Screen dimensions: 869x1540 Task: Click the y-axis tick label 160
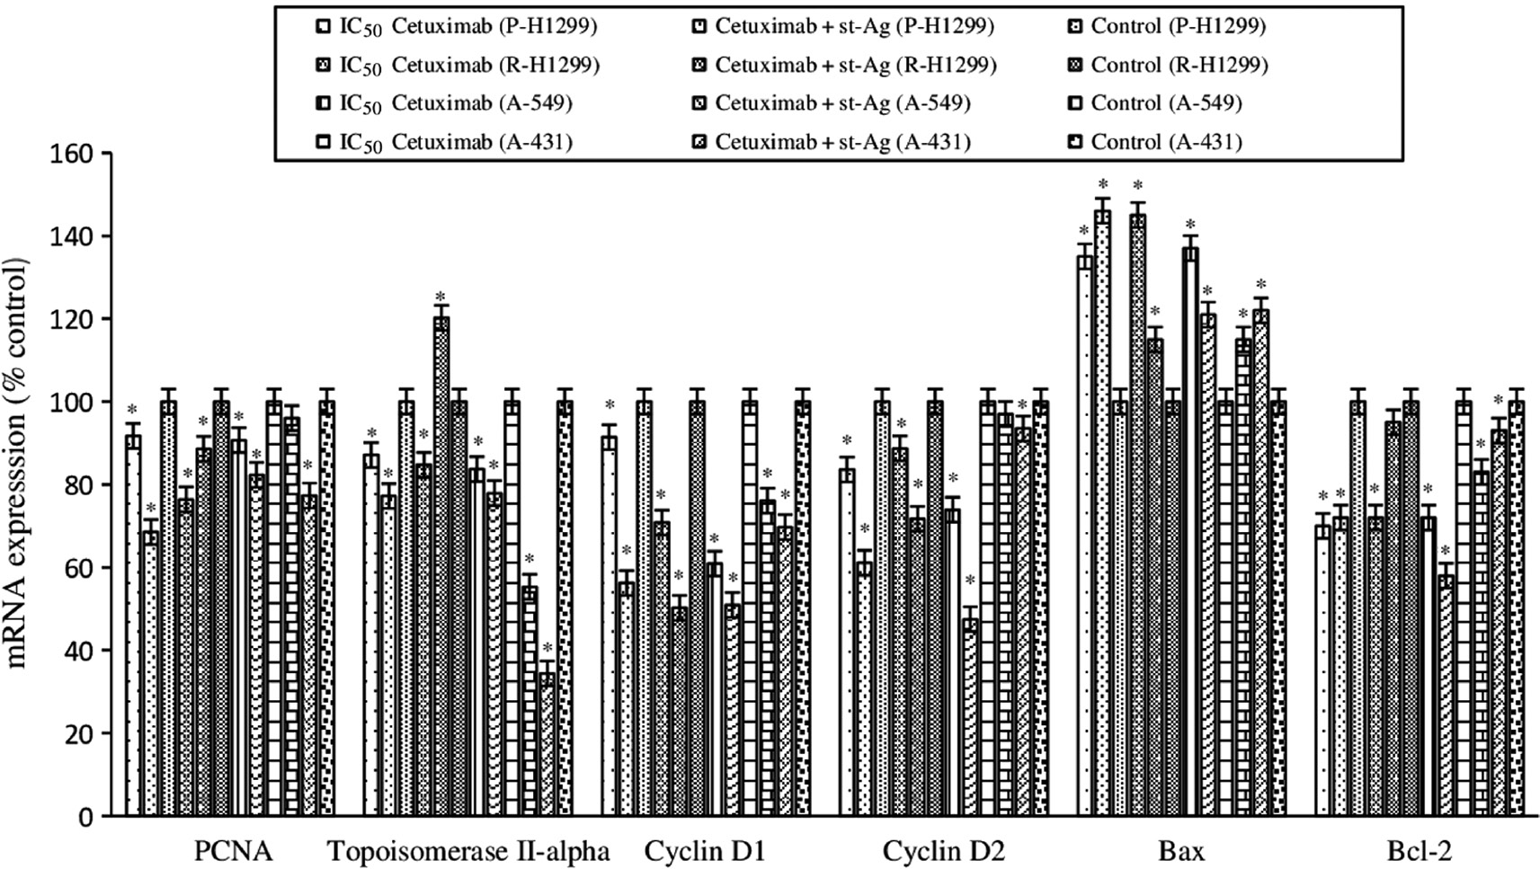coord(70,154)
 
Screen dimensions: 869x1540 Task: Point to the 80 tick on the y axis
coord(77,485)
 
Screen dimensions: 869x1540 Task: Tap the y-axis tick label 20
coord(77,733)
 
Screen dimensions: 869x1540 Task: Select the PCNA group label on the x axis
coord(233,851)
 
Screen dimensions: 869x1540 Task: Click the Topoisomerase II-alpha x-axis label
coord(468,851)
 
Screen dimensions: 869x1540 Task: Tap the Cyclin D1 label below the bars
coord(705,851)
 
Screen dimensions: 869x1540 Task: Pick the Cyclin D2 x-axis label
coord(944,851)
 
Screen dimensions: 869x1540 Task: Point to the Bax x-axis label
coord(1182,851)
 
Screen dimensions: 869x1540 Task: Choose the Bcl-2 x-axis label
coord(1420,851)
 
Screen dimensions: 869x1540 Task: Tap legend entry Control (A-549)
coord(1166,103)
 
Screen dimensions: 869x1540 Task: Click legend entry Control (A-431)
coord(1166,142)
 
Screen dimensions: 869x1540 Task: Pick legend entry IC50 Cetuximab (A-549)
coord(455,103)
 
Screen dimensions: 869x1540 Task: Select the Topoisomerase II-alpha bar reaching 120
coord(441,566)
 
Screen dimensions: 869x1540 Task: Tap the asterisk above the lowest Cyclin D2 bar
coord(970,581)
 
